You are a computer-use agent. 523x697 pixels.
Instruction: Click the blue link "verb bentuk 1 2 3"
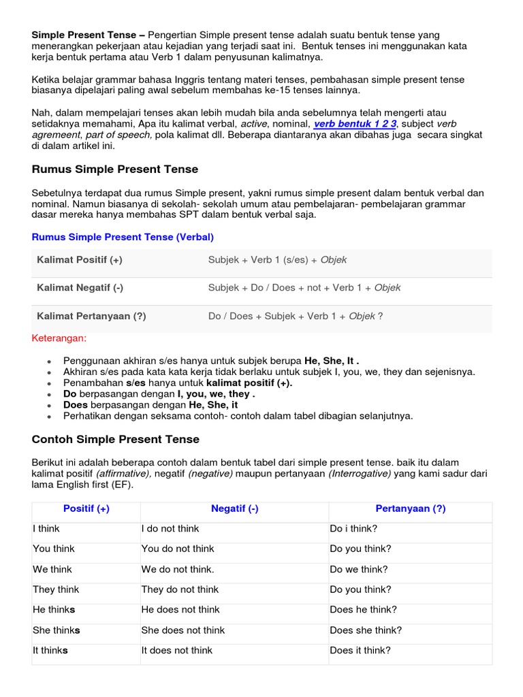pos(355,124)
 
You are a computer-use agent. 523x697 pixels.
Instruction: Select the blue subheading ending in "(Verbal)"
pos(123,237)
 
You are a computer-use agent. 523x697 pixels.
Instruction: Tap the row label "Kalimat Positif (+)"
pos(80,260)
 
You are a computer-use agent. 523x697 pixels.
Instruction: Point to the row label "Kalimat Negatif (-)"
pos(80,288)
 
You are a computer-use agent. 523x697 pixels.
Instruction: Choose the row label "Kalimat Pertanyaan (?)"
pos(91,316)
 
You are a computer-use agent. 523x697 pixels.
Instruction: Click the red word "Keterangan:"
pos(59,338)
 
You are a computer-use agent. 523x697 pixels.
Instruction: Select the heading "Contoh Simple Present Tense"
pos(116,439)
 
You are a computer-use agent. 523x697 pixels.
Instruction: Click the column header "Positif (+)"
pos(86,508)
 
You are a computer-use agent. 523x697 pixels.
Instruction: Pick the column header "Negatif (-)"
pos(235,508)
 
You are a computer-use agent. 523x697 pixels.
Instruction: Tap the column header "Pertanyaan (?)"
pos(411,508)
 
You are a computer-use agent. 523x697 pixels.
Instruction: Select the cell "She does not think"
pos(183,630)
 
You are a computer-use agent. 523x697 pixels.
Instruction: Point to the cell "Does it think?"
pos(360,651)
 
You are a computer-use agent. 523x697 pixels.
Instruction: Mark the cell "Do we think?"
pos(359,569)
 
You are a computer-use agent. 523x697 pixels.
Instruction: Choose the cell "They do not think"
pos(180,589)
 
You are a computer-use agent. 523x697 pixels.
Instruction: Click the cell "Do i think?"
pos(354,528)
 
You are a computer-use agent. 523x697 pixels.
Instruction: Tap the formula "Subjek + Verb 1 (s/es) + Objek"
pos(278,260)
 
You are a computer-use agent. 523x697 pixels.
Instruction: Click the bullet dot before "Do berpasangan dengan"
pos(50,395)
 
